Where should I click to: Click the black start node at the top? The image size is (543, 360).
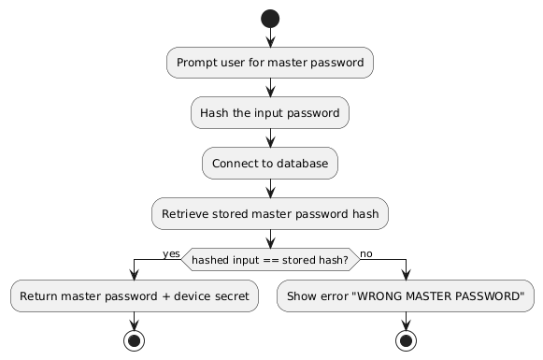click(270, 20)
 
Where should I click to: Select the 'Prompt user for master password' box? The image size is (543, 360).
click(270, 63)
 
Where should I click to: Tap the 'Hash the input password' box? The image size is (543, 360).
click(270, 113)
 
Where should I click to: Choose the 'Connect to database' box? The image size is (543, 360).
click(270, 164)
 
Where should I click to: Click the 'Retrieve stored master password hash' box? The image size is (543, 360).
click(270, 214)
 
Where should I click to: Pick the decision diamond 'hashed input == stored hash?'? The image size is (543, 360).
click(270, 259)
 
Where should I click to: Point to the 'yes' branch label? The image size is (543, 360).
click(171, 253)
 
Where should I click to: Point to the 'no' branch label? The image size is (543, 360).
click(365, 253)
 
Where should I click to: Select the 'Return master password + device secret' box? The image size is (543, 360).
click(135, 296)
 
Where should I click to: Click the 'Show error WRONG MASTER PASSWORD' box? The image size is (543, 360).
click(407, 296)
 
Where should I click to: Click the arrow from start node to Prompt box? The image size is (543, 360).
click(270, 38)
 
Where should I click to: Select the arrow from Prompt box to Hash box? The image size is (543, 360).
click(270, 88)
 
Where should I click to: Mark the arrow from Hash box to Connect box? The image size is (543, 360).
click(270, 138)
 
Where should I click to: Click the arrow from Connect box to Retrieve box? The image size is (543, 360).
click(270, 189)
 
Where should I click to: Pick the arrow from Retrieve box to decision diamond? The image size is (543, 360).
click(270, 239)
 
